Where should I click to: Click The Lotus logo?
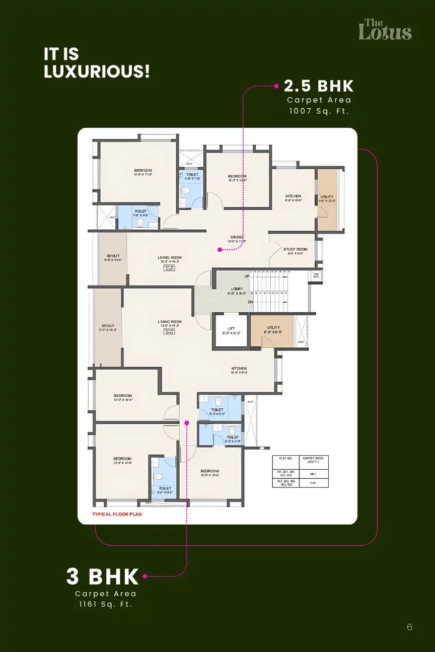[x=385, y=30]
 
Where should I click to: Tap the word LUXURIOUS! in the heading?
[x=97, y=71]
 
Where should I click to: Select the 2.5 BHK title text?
[x=319, y=86]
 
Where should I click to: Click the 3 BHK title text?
[x=103, y=576]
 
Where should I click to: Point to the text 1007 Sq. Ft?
[x=319, y=111]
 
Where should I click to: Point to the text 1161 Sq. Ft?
[x=105, y=604]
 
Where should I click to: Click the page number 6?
[x=409, y=627]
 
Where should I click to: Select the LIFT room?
[x=231, y=331]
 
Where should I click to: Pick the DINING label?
[x=237, y=237]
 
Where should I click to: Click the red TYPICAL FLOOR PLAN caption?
[x=117, y=515]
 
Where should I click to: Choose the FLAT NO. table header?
[x=285, y=459]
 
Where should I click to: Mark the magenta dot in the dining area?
[x=220, y=249]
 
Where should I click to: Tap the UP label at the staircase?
[x=247, y=276]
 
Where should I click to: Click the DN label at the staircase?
[x=250, y=302]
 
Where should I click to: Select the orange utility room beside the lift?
[x=272, y=331]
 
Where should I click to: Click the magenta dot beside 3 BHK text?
[x=144, y=576]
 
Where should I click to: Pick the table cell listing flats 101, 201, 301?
[x=285, y=473]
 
